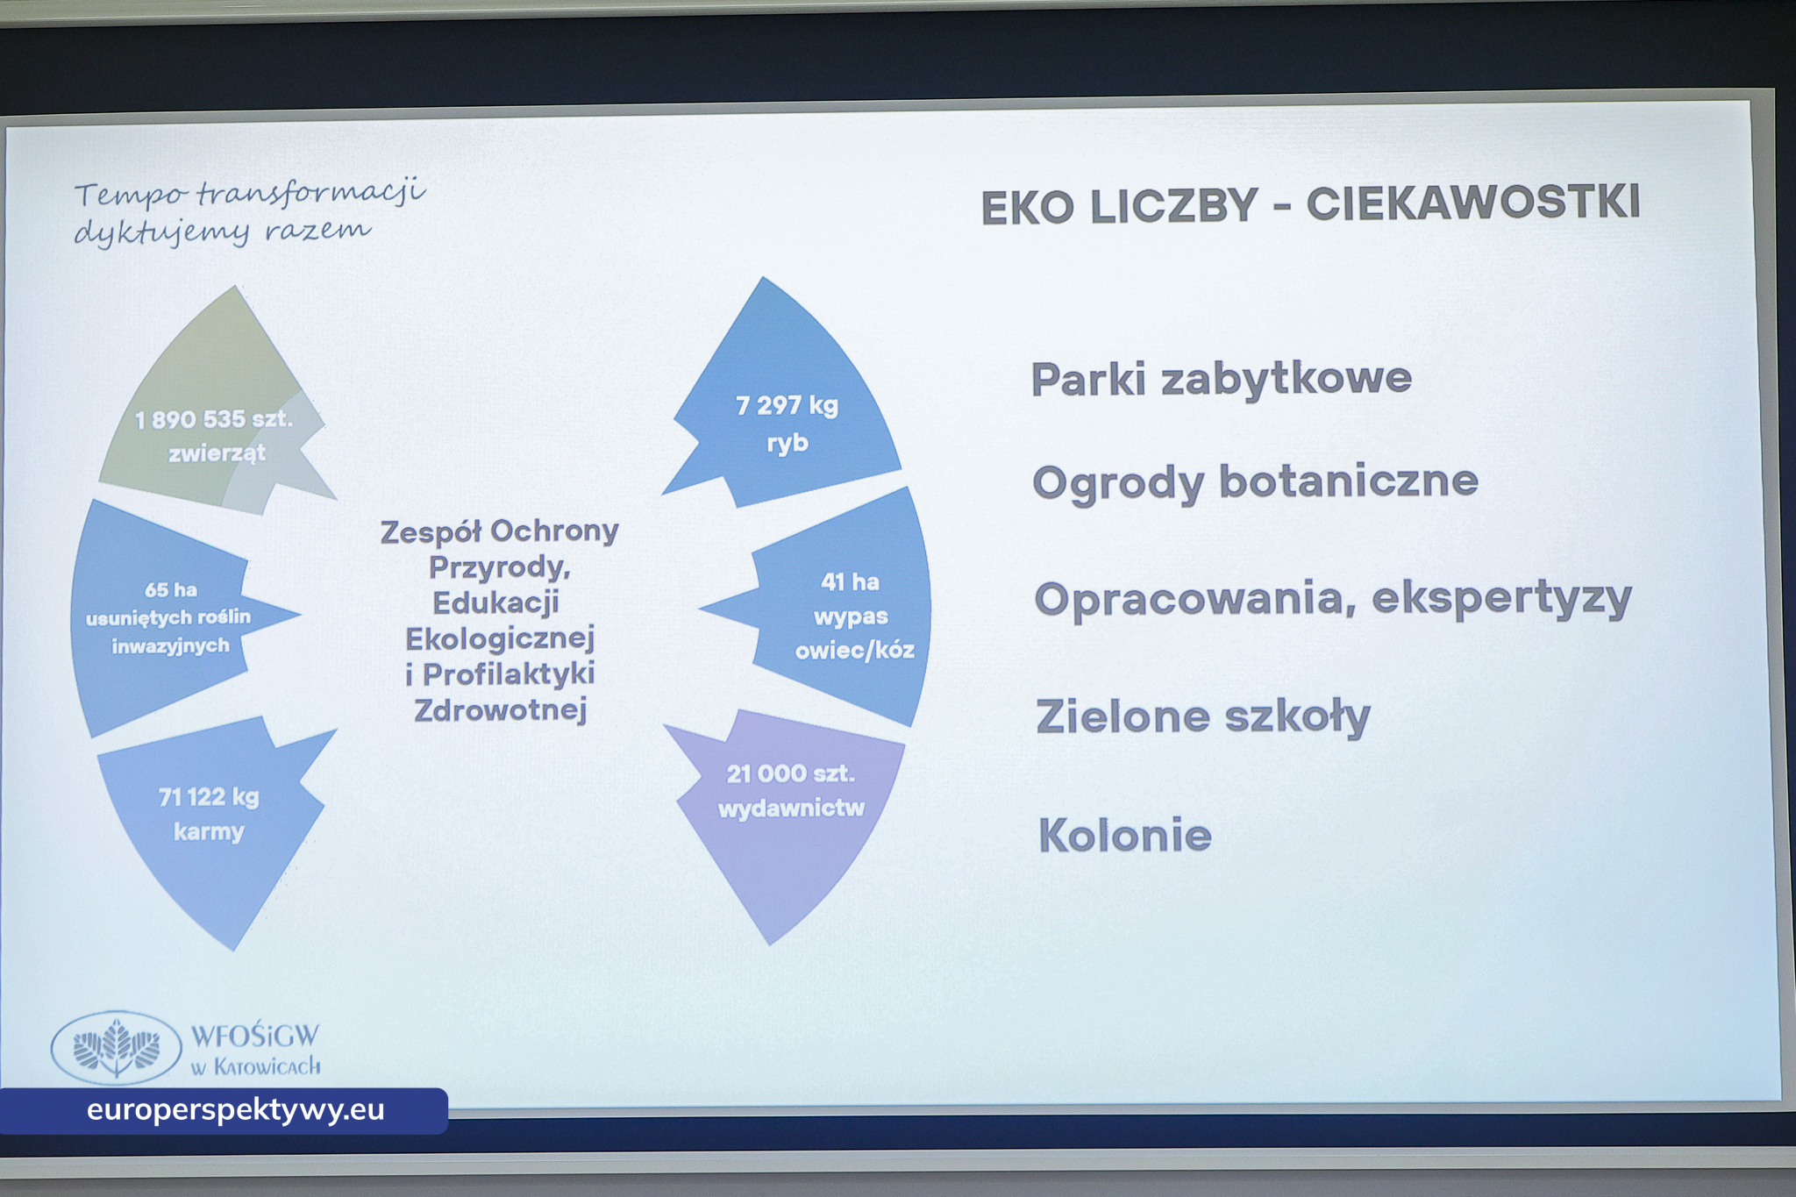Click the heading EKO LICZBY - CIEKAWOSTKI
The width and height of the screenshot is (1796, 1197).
point(1310,205)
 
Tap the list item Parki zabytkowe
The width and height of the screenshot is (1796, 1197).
point(1221,380)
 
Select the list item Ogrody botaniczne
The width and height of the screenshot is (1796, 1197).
point(1255,482)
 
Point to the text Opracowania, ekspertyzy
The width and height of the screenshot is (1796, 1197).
point(1332,600)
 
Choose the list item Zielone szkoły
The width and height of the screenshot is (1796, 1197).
point(1202,716)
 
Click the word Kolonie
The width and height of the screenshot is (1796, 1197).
point(1125,835)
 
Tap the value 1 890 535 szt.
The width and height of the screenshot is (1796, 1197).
point(213,419)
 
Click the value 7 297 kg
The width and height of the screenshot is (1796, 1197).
point(787,405)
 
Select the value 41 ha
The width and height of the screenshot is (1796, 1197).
point(850,581)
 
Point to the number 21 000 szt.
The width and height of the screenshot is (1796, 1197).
point(790,773)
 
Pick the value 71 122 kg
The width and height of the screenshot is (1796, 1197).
point(209,796)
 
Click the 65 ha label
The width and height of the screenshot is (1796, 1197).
point(171,589)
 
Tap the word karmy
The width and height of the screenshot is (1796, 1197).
point(209,831)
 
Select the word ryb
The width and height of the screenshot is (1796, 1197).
point(787,443)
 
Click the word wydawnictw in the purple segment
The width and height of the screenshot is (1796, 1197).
point(791,808)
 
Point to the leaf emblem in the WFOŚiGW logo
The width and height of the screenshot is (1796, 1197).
point(117,1046)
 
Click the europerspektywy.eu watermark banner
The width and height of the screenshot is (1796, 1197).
point(224,1110)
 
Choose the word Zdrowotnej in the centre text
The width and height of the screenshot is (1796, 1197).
point(500,709)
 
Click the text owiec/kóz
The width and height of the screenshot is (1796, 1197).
point(854,650)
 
